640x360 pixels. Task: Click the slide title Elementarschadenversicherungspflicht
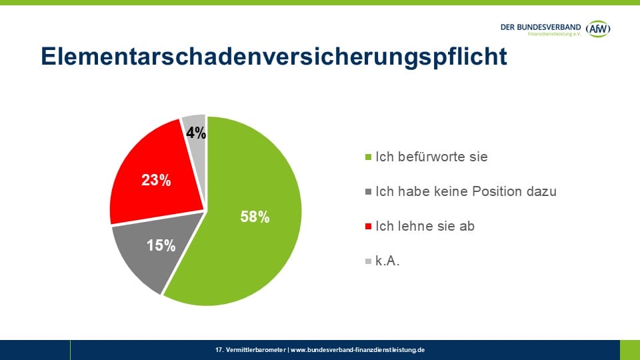pyautogui.click(x=274, y=57)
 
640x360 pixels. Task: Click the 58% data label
pyautogui.click(x=255, y=217)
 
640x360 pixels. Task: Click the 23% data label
pyautogui.click(x=156, y=179)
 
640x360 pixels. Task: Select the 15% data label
pyautogui.click(x=161, y=245)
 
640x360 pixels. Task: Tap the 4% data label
pyautogui.click(x=195, y=133)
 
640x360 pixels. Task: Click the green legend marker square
pyautogui.click(x=369, y=158)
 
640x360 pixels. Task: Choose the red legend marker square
pyautogui.click(x=369, y=227)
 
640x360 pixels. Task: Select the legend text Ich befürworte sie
pyautogui.click(x=431, y=157)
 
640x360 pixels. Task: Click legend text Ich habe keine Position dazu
pyautogui.click(x=465, y=192)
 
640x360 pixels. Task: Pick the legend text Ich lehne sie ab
pyautogui.click(x=425, y=227)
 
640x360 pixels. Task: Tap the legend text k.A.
pyautogui.click(x=387, y=261)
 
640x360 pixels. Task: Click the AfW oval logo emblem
pyautogui.click(x=598, y=28)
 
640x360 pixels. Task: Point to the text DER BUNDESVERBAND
pyautogui.click(x=540, y=27)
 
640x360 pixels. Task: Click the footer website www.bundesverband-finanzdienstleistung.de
pyautogui.click(x=357, y=349)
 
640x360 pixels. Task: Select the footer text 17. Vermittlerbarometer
pyautogui.click(x=251, y=349)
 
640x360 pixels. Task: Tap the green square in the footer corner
pyautogui.click(x=629, y=349)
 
